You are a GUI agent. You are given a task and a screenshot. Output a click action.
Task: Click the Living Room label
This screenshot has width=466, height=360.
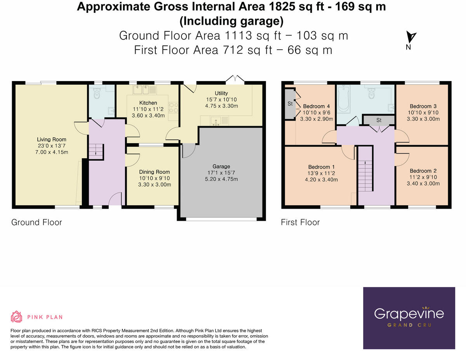52,139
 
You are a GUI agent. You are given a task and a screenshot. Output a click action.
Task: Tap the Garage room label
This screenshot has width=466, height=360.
221,166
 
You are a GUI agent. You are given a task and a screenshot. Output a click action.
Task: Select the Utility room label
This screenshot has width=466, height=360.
221,93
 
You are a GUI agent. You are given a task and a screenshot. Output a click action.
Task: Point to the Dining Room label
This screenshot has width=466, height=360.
155,172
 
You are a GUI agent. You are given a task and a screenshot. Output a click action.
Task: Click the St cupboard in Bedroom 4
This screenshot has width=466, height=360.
290,104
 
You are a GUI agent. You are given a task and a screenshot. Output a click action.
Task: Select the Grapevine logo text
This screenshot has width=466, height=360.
409,313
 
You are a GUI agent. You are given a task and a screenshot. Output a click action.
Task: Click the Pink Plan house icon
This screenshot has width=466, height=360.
17,317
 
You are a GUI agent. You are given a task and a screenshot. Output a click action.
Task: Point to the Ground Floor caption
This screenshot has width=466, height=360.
37,222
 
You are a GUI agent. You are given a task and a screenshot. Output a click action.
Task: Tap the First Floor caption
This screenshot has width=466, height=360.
300,222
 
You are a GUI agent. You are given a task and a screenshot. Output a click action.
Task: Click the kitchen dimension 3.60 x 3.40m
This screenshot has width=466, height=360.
148,115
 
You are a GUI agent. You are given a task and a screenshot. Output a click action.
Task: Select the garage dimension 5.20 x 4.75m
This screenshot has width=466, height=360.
221,179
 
